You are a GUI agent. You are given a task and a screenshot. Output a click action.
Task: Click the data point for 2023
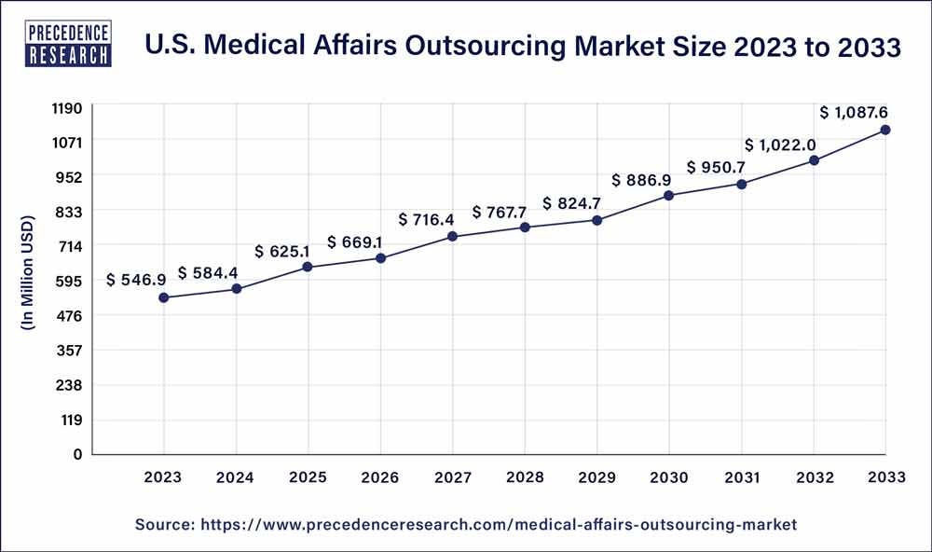[164, 297]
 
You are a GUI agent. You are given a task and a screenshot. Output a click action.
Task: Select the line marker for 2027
[452, 237]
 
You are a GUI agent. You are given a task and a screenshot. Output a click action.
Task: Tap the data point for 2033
[885, 130]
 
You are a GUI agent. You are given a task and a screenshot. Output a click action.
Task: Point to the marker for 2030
[669, 195]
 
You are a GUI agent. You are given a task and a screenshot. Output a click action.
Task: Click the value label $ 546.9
[137, 279]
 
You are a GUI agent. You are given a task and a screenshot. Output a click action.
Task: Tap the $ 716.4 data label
[427, 219]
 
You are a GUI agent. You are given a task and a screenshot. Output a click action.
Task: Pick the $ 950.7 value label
[717, 168]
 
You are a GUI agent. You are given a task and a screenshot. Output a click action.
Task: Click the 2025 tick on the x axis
[308, 477]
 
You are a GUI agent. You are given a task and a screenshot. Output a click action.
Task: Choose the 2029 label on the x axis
[596, 477]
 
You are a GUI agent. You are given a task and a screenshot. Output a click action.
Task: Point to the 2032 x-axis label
[814, 477]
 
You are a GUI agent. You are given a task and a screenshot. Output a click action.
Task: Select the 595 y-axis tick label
[71, 282]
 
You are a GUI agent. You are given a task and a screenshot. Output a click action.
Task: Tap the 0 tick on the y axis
[79, 455]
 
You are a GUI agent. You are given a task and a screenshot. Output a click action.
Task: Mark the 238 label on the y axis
[71, 385]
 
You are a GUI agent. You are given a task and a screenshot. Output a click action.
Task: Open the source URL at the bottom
[466, 525]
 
